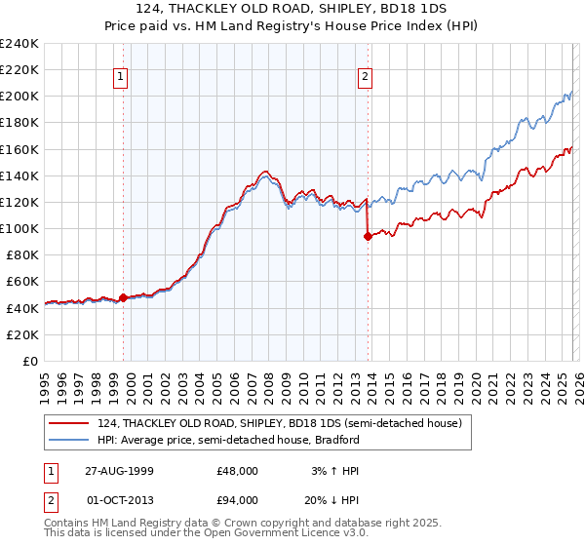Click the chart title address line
click(x=292, y=10)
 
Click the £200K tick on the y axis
click(x=19, y=97)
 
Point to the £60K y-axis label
click(x=21, y=282)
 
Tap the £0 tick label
click(x=29, y=361)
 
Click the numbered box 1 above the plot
click(x=121, y=78)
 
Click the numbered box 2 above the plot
click(x=365, y=78)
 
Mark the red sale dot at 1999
click(x=124, y=297)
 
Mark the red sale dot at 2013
click(x=368, y=237)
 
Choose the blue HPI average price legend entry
click(x=229, y=440)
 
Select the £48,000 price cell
click(x=237, y=470)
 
